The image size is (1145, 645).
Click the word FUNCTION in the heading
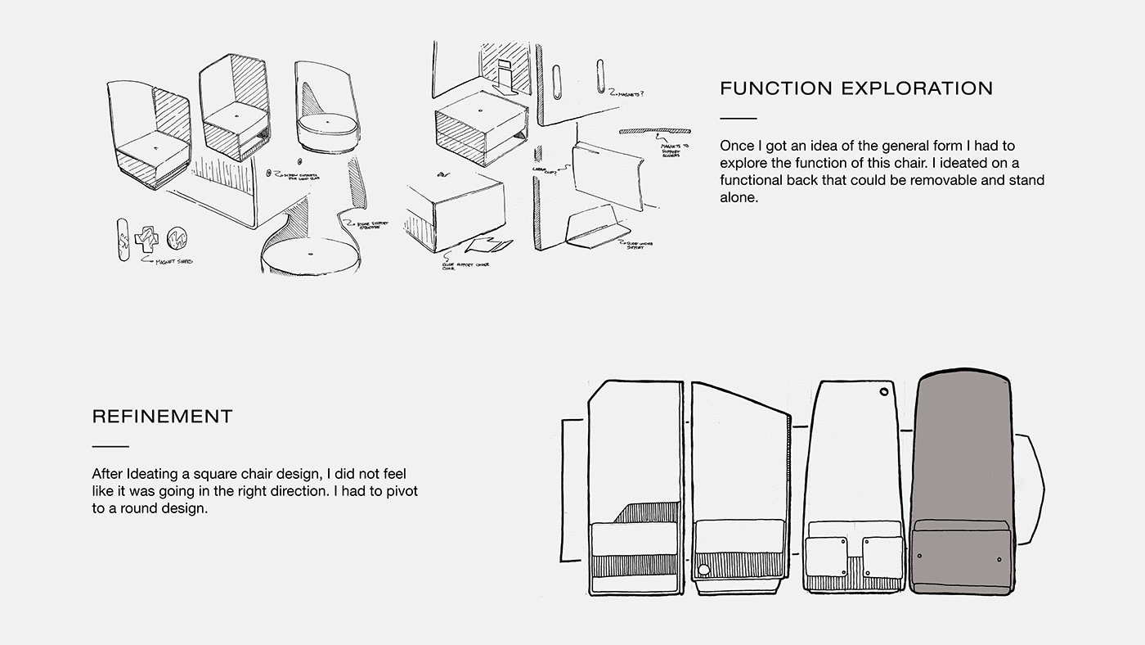(771, 88)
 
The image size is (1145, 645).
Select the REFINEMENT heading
(162, 417)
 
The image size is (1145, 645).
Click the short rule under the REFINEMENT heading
(110, 446)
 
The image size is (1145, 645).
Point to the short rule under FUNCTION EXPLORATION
(738, 119)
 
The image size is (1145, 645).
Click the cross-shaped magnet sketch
(148, 241)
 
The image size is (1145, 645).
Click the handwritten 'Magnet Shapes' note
(173, 262)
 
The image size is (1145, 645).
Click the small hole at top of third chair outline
(884, 393)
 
